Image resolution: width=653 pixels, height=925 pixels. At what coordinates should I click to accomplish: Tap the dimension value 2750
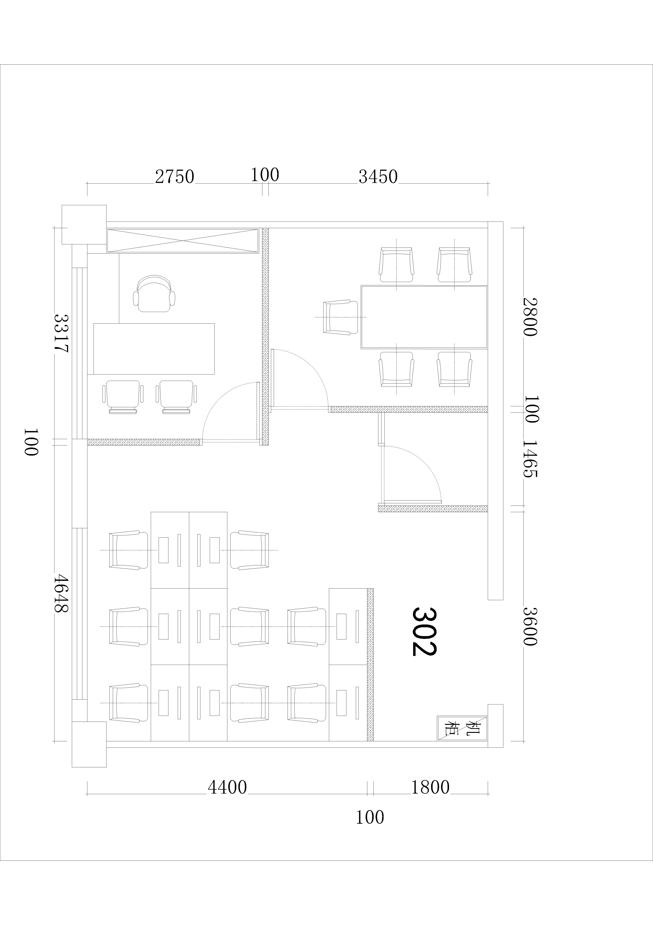(175, 177)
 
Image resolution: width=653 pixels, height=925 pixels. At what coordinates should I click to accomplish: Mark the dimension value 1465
(530, 458)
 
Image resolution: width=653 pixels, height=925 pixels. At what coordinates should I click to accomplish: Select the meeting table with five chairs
(424, 317)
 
